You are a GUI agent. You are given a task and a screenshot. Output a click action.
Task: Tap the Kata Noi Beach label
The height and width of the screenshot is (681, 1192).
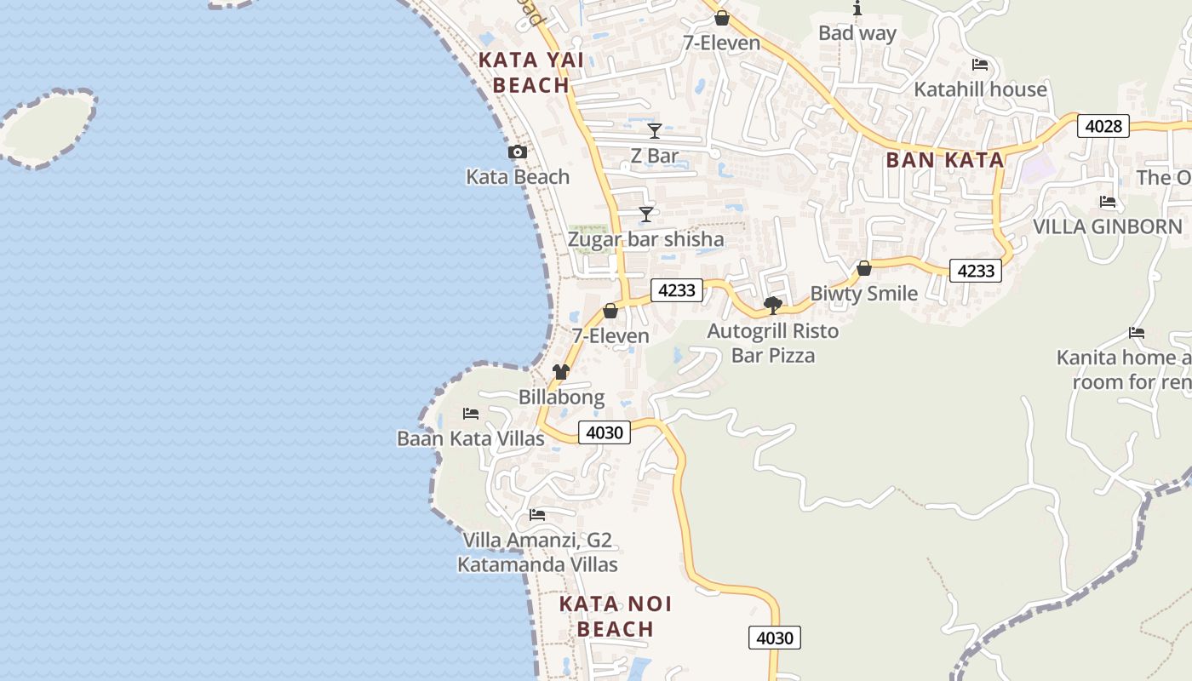coord(615,616)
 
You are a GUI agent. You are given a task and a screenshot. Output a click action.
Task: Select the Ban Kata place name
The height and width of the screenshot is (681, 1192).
coord(945,159)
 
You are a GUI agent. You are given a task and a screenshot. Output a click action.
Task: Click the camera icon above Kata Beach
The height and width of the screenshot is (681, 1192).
coord(517,152)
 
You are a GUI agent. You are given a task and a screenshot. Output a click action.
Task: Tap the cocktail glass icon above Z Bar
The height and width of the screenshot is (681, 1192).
coord(654,130)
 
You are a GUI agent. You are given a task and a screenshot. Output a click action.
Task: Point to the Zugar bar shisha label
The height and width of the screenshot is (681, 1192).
coord(645,239)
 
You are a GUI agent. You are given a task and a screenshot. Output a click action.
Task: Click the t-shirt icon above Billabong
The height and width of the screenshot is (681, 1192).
coord(560,371)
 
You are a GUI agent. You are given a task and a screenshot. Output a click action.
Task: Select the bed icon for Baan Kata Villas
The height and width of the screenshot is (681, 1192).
coord(471,414)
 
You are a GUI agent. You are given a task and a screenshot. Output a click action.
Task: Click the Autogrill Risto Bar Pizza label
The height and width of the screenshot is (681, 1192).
coord(773,342)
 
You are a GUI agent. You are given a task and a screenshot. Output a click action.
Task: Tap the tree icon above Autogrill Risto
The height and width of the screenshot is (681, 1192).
coord(773,305)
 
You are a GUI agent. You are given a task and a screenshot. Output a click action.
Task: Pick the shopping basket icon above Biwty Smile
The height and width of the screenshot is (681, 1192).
coord(864,268)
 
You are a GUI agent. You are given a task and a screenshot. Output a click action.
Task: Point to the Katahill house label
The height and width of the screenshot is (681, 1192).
coord(980,89)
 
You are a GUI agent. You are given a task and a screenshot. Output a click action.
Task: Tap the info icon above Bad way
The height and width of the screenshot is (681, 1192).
coord(857,9)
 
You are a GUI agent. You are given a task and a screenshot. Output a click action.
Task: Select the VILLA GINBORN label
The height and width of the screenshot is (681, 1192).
coord(1107,226)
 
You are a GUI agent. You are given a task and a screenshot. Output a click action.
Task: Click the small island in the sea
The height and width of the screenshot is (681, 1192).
coord(49,128)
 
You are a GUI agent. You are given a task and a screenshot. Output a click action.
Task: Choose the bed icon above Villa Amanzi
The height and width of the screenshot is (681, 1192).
coord(537,515)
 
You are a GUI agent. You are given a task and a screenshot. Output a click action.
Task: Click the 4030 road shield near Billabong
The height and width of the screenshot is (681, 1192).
coord(605,432)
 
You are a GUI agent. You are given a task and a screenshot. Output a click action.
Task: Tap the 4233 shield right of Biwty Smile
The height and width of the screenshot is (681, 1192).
coord(975,271)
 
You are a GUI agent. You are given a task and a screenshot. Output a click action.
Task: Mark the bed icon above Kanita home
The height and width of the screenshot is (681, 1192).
coord(1136,332)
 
